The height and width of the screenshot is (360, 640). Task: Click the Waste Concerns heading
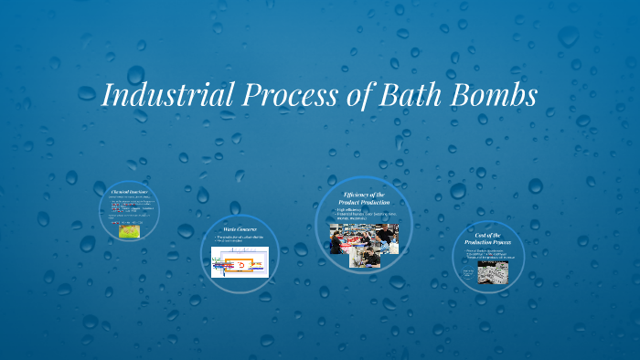tap(240, 228)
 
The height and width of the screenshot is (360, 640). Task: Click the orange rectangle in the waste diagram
tap(243, 263)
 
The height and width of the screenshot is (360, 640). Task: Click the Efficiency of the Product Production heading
tap(364, 200)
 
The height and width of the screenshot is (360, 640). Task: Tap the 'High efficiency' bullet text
tap(357, 210)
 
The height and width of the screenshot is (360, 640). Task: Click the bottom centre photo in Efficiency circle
tap(367, 259)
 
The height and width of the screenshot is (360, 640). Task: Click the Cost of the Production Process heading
tap(488, 240)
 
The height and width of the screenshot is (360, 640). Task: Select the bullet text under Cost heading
tap(488, 254)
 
